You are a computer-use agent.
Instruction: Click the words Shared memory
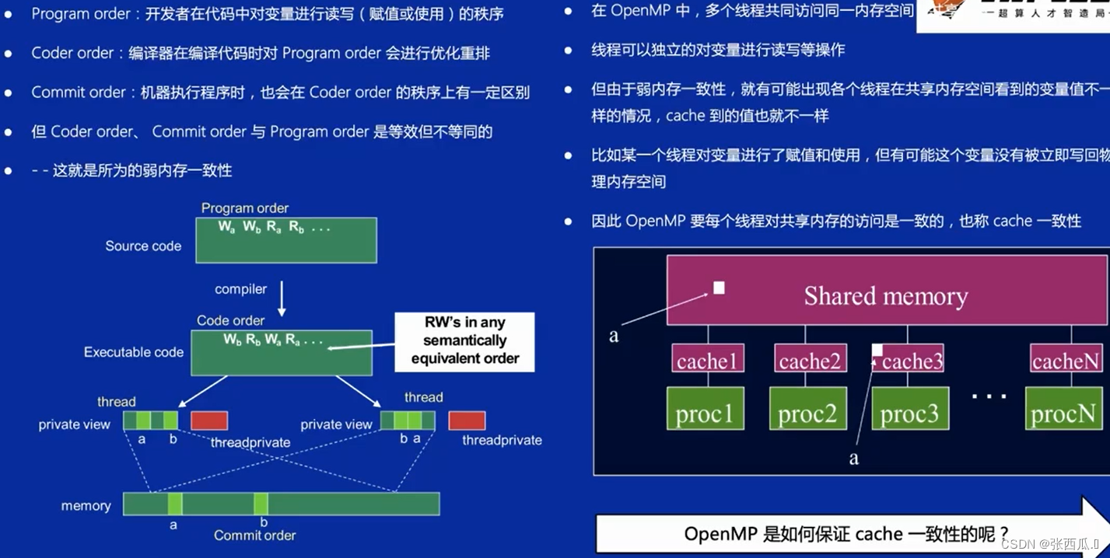[x=886, y=296]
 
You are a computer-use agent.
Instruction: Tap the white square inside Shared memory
[x=719, y=288]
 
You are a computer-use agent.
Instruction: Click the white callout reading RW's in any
[x=465, y=340]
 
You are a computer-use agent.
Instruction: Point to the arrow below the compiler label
[x=282, y=299]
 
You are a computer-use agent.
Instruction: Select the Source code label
[x=143, y=246]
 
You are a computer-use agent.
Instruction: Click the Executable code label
[x=134, y=352]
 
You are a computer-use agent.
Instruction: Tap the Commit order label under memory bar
[x=255, y=535]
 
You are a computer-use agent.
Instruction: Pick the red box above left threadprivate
[x=209, y=420]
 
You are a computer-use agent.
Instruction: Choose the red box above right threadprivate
[x=467, y=420]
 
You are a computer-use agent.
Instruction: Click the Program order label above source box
[x=245, y=208]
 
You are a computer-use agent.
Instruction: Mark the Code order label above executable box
[x=230, y=320]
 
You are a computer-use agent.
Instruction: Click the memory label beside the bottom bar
[x=86, y=506]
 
